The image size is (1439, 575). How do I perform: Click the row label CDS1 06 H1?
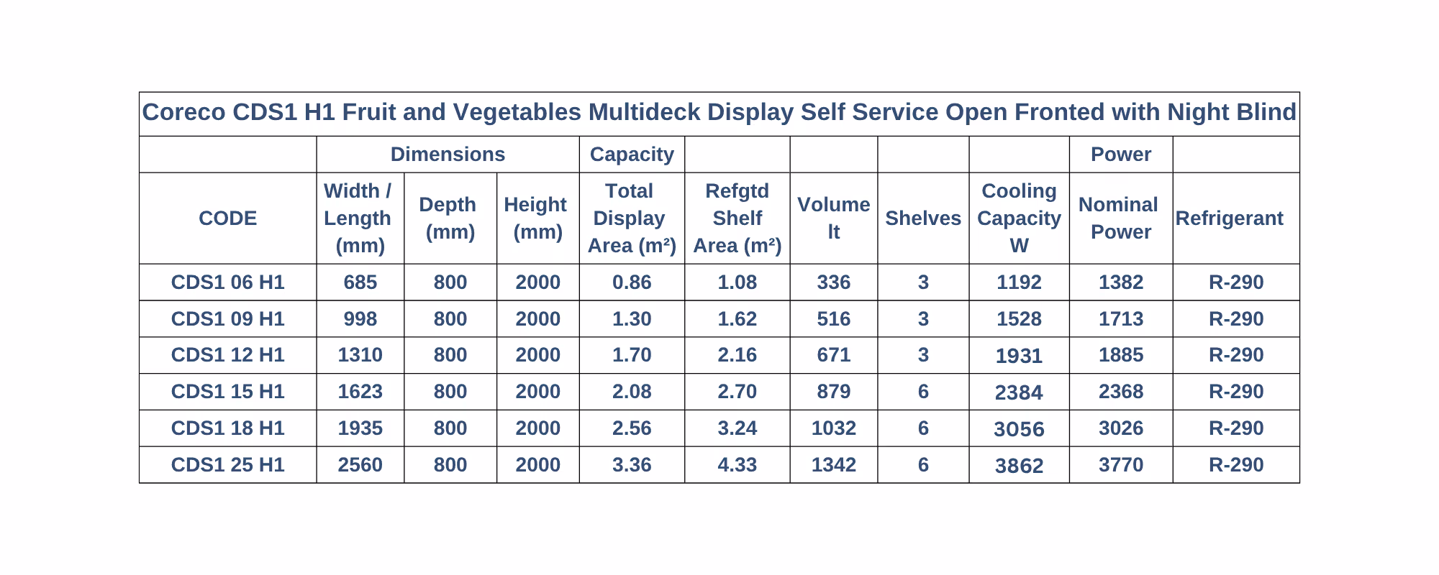[x=227, y=282]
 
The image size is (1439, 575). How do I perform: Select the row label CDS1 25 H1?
[x=227, y=465]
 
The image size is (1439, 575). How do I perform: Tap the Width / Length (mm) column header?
[x=358, y=218]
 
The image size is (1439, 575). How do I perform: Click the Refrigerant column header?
[x=1229, y=218]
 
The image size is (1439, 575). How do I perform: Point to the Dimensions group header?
[x=448, y=155]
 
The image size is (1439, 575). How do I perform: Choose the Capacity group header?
[x=632, y=155]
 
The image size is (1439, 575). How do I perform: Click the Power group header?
[x=1121, y=155]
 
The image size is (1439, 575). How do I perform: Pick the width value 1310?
[x=360, y=355]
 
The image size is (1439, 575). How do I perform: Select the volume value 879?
[x=833, y=392]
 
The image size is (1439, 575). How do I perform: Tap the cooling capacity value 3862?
[x=1019, y=466]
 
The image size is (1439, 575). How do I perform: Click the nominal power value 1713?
[x=1120, y=318]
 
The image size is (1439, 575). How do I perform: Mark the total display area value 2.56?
[x=632, y=428]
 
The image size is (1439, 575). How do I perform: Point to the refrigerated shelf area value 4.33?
[x=737, y=465]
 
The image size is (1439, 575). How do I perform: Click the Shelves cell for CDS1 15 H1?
[x=923, y=392]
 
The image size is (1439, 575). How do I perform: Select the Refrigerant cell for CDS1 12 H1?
[x=1236, y=355]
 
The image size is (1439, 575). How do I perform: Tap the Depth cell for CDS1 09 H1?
[x=450, y=318]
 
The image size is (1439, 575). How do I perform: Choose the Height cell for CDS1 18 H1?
[x=537, y=428]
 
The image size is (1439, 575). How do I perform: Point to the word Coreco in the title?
[x=184, y=113]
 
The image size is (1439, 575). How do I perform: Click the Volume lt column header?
[x=833, y=218]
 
